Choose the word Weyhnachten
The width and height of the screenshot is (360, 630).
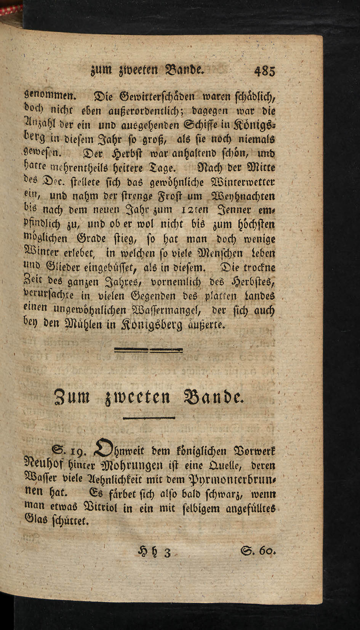click(x=243, y=196)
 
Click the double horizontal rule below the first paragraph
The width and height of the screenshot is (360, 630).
click(x=149, y=349)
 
